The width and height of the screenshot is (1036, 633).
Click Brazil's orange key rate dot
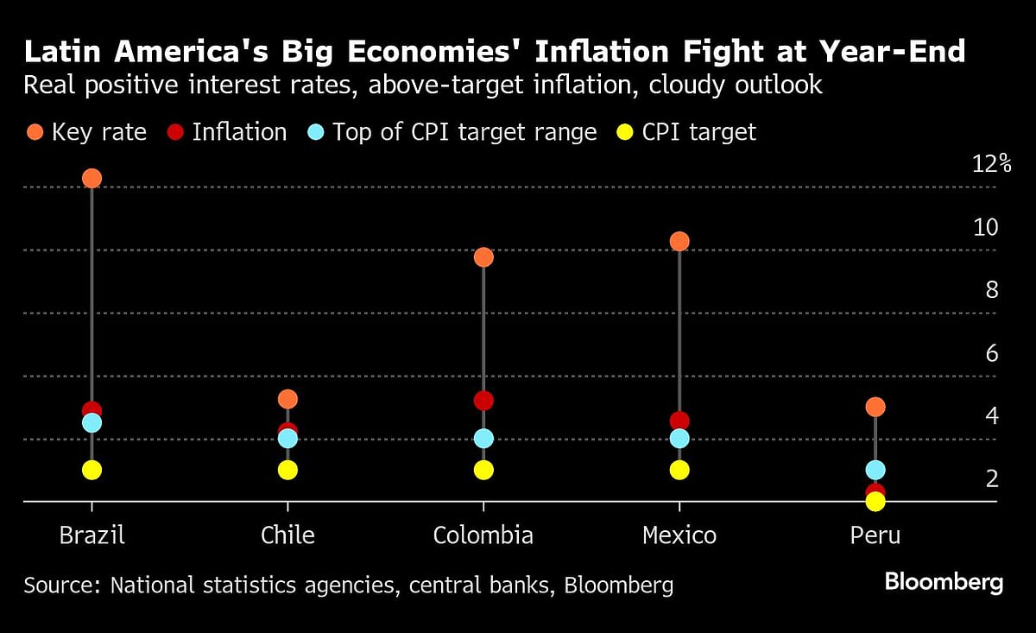pos(92,178)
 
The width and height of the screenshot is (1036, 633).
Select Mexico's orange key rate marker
pos(679,241)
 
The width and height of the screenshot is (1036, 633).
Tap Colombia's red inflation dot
pos(483,401)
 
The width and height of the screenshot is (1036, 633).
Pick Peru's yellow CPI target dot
pos(875,502)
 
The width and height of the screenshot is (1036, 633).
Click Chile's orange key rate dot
pos(287,398)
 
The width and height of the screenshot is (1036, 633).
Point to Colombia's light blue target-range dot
pos(483,438)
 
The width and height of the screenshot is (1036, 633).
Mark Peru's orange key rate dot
pos(875,407)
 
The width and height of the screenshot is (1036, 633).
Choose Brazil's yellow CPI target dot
pos(92,470)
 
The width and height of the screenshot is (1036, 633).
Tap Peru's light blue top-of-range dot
pos(875,470)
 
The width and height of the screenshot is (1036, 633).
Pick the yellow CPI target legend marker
pos(625,132)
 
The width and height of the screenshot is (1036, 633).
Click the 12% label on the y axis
pos(990,164)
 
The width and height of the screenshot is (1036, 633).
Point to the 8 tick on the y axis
pos(992,290)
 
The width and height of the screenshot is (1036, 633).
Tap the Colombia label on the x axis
pos(483,535)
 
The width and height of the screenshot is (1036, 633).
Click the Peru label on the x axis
pos(875,535)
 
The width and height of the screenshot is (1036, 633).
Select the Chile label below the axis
pos(287,535)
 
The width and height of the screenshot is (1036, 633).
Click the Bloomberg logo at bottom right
pos(944,582)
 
